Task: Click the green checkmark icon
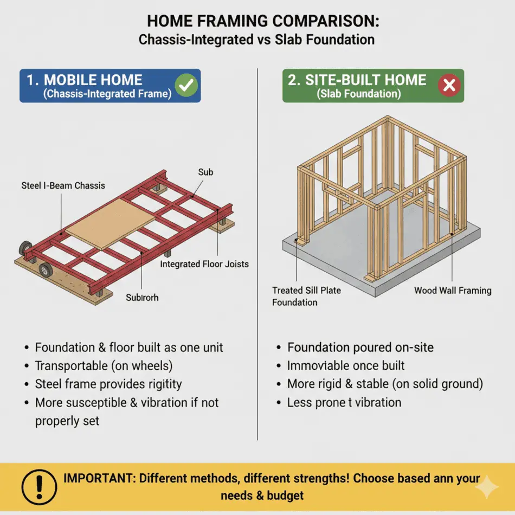point(188,85)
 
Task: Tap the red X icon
point(449,86)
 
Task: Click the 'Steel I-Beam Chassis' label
point(63,185)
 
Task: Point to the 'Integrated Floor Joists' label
point(204,264)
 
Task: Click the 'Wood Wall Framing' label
point(453,290)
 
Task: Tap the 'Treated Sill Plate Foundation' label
point(306,296)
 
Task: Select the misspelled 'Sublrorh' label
point(142,298)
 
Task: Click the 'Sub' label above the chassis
point(205,172)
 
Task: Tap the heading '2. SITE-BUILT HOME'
point(357,80)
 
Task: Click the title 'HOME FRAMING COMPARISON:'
point(256,21)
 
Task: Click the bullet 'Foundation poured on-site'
point(360,347)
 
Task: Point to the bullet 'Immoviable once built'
point(346,365)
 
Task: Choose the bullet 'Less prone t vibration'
point(344,402)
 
